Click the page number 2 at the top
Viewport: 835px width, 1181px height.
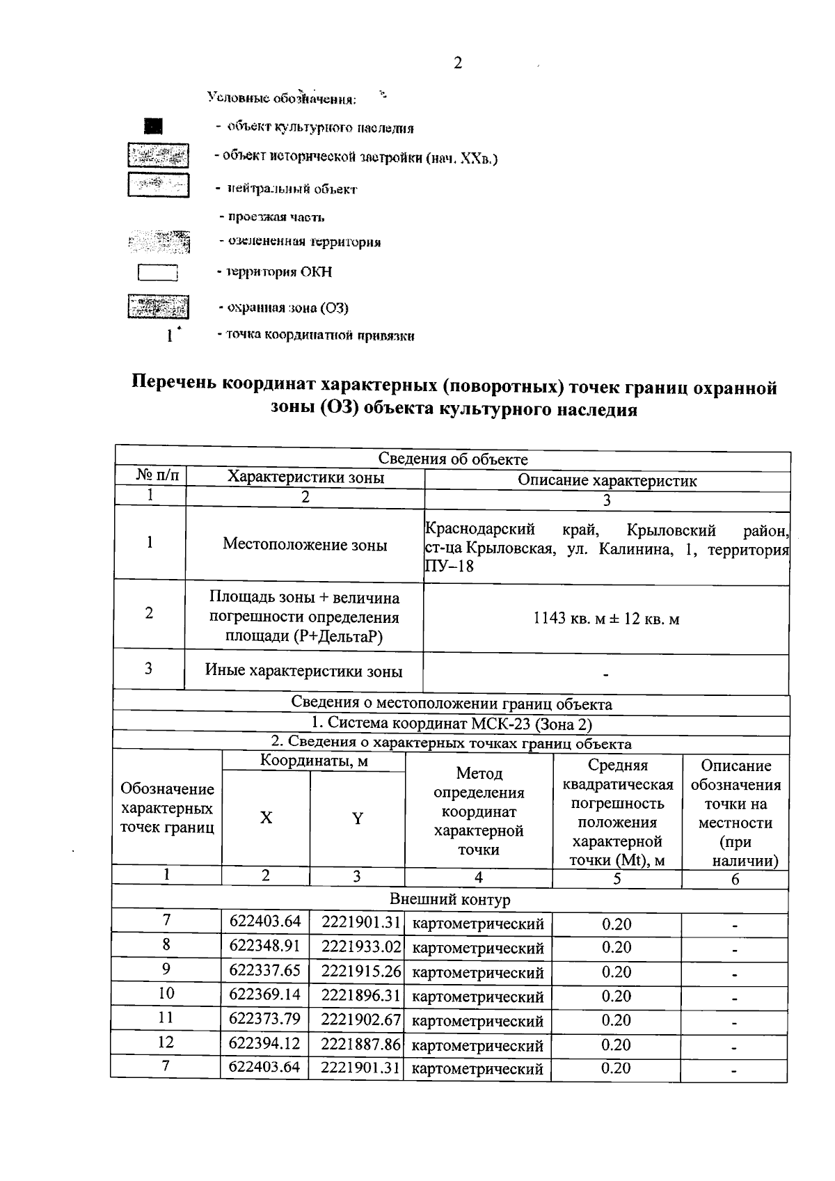coord(457,63)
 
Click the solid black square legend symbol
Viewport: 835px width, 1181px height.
coord(153,126)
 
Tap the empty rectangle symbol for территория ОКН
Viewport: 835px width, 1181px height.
coord(158,272)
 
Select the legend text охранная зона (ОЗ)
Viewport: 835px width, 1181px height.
coord(283,308)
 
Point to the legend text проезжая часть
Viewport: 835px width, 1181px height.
coord(272,217)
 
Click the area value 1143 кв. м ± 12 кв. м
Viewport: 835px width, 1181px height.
coord(606,619)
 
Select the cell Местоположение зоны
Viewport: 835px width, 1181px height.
coord(305,545)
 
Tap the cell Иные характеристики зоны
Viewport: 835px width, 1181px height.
coord(303,672)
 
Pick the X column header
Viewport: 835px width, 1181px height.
coord(266,818)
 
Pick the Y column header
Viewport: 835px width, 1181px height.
coord(357,818)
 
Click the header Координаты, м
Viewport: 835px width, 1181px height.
coord(314,761)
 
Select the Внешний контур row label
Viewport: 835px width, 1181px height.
coord(450,899)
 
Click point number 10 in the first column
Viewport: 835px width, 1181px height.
coord(166,994)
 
